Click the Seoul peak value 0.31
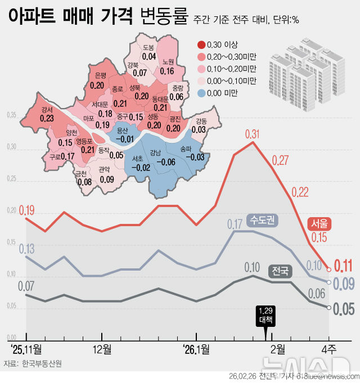point(253,134)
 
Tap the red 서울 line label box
point(318,223)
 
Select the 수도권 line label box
point(262,221)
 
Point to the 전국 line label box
point(280,271)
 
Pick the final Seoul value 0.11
point(343,266)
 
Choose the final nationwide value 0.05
point(343,308)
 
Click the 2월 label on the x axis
point(277,347)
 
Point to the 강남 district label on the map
point(155,152)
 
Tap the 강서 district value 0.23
point(47,118)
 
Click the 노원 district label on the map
point(167,62)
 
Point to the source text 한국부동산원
point(42,363)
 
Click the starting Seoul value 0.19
point(26,210)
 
